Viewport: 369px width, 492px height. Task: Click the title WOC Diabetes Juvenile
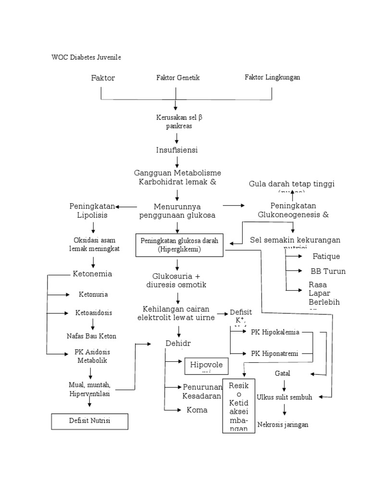tap(86, 57)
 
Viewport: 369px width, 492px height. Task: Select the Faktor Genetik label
tap(178, 77)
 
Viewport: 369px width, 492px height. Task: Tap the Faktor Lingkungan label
tap(272, 77)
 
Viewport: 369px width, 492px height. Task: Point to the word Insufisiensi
tap(177, 150)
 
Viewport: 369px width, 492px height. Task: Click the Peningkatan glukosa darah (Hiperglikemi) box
tap(179, 245)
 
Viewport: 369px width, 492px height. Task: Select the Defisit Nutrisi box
tap(89, 421)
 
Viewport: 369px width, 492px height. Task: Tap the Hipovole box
tap(207, 366)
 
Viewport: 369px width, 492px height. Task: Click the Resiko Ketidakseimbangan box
tap(238, 406)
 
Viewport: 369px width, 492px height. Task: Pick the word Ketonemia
tap(92, 274)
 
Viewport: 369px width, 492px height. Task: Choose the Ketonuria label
tap(93, 294)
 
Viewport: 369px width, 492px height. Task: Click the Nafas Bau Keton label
tap(91, 336)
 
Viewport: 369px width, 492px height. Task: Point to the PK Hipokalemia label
tap(275, 332)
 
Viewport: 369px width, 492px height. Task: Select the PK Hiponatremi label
tap(275, 354)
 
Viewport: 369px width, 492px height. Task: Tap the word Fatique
tap(326, 257)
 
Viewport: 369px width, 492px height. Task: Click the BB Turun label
tap(328, 271)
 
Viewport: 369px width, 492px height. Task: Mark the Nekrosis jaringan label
tap(283, 424)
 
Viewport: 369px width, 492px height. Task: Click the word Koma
tap(197, 410)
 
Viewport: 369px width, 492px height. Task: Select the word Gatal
tap(283, 373)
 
